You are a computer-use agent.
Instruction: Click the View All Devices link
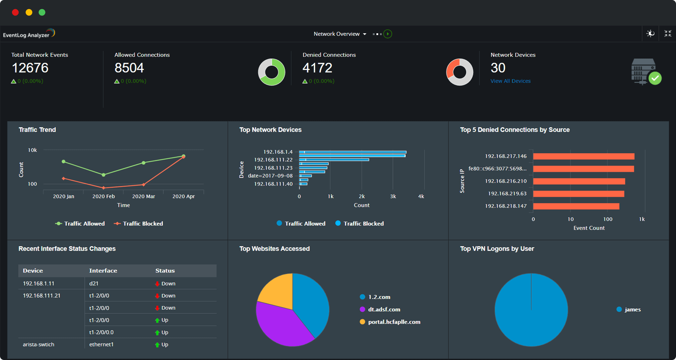(510, 81)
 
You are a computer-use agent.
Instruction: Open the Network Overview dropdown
(339, 34)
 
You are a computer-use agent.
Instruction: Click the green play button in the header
(387, 34)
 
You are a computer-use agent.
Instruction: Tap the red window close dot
(15, 12)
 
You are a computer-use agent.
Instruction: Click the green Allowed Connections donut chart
(279, 78)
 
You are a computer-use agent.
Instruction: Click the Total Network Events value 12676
(30, 68)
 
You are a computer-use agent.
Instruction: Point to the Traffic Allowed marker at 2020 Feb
(104, 175)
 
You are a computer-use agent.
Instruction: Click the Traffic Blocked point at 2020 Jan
(64, 179)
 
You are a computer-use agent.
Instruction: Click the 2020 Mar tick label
(143, 196)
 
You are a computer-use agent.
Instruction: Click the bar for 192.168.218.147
(576, 206)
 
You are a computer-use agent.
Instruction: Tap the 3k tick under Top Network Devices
(393, 196)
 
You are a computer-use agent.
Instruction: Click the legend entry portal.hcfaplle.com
(394, 322)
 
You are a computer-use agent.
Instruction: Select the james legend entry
(632, 310)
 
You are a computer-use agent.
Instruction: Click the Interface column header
(103, 271)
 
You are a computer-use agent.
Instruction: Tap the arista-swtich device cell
(38, 344)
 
